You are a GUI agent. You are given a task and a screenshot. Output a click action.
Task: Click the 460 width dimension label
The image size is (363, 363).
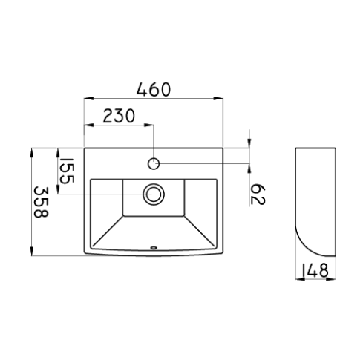click(154, 89)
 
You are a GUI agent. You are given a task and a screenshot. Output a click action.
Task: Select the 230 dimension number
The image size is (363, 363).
click(119, 116)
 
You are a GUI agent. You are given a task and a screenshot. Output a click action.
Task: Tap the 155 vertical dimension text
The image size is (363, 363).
click(67, 171)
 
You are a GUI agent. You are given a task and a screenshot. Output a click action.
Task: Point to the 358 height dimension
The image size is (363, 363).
click(41, 202)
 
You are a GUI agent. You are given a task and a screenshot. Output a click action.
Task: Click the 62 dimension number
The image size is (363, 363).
click(258, 194)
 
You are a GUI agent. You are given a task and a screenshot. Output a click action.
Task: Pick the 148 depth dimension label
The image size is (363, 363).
click(315, 270)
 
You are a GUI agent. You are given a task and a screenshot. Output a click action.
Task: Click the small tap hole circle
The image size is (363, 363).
click(154, 163)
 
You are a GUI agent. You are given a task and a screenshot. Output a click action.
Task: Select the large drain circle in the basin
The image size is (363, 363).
click(154, 194)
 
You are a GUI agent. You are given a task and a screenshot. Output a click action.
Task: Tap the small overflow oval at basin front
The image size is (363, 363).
click(154, 247)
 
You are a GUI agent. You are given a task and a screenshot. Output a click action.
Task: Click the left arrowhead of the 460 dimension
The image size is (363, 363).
click(88, 98)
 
